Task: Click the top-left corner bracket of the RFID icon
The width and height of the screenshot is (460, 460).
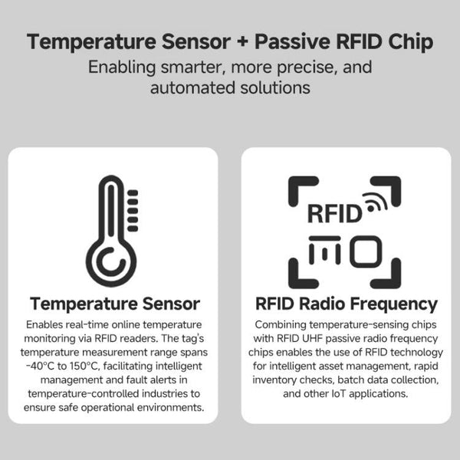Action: pyautogui.click(x=302, y=190)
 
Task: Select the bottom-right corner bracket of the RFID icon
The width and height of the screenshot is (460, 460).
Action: pyautogui.click(x=386, y=274)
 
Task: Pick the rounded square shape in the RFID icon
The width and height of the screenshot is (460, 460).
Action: pyautogui.click(x=365, y=251)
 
